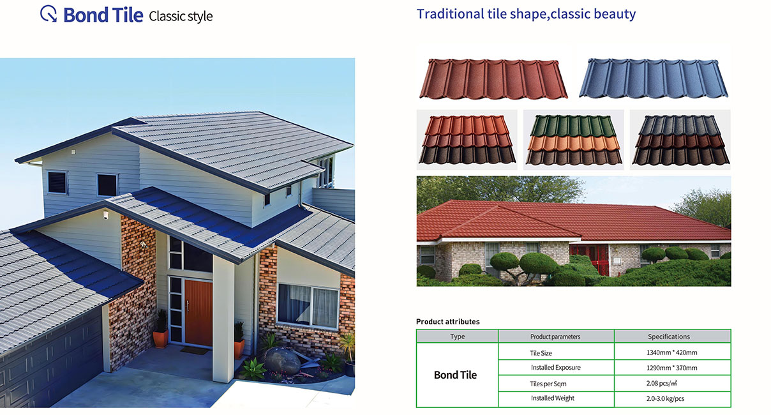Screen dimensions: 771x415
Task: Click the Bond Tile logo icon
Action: point(49,14)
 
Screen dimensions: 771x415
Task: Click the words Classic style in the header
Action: point(181,16)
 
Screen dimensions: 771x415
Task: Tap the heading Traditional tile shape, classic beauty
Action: point(526,14)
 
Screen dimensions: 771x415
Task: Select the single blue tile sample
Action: point(654,78)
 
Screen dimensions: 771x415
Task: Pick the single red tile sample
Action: point(493,79)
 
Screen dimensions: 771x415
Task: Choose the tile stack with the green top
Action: point(574,139)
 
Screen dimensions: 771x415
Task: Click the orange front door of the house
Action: point(198,313)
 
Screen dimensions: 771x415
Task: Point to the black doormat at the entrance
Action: point(194,351)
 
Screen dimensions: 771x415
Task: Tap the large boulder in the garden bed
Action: point(282,361)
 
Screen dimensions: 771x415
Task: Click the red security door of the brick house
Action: point(589,259)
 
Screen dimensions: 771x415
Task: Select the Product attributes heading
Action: point(448,322)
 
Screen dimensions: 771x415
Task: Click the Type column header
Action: point(458,336)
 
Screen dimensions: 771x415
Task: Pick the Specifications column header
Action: point(669,336)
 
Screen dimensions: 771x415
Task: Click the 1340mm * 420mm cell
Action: point(672,352)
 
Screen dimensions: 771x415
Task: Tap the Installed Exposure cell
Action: point(555,368)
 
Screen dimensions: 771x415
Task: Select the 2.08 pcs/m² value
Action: point(662,383)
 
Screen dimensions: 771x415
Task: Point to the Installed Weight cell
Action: point(553,398)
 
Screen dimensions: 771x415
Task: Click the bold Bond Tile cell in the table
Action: point(455,375)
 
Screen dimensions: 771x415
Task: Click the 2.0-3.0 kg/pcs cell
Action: point(665,398)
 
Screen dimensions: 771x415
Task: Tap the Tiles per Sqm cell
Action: point(548,384)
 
